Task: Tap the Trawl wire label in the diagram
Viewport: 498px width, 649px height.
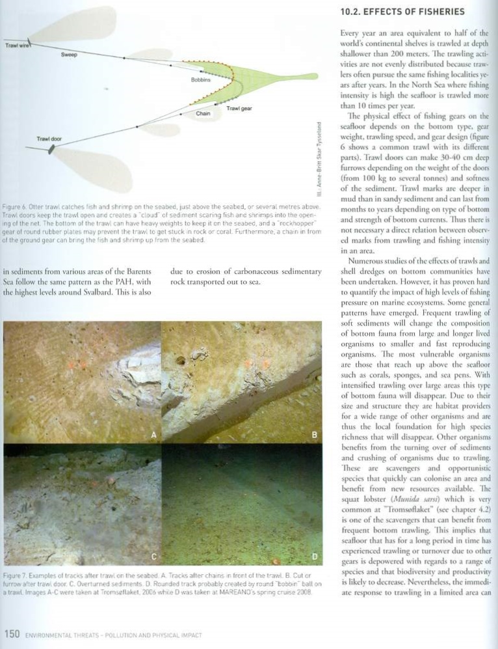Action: pos(14,45)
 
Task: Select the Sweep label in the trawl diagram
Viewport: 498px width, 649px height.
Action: pos(69,55)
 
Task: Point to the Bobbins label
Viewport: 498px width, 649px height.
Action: pos(201,80)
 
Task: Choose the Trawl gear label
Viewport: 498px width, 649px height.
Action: pos(239,108)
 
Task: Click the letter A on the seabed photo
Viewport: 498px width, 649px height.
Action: pos(153,434)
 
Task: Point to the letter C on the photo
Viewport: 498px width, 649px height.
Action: pos(153,557)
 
